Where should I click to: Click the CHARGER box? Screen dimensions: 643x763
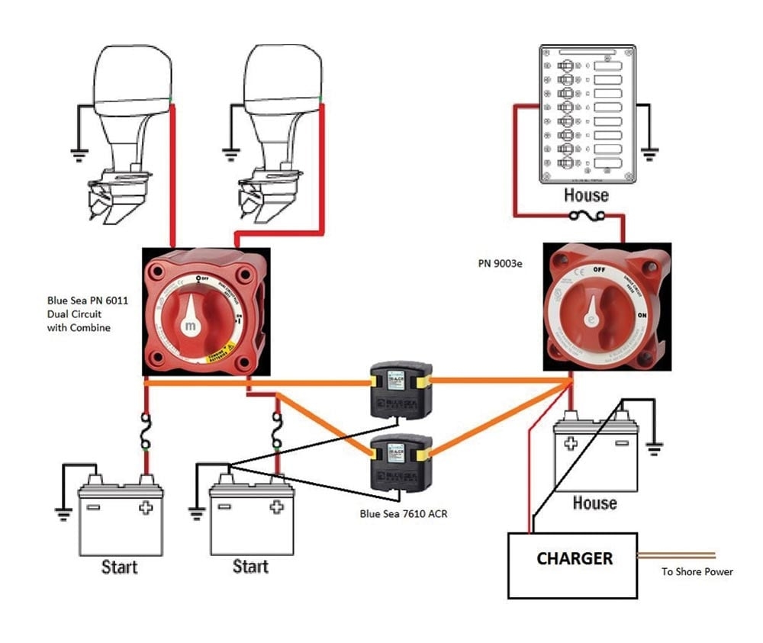tap(574, 564)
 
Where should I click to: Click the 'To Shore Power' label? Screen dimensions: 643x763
tap(697, 571)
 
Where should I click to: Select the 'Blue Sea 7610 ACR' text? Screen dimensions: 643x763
tap(404, 514)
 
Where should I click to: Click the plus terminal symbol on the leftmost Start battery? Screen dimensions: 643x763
tap(144, 507)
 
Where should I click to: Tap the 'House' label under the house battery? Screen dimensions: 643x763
tap(594, 503)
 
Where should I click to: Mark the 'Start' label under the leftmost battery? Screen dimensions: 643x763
tap(120, 567)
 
